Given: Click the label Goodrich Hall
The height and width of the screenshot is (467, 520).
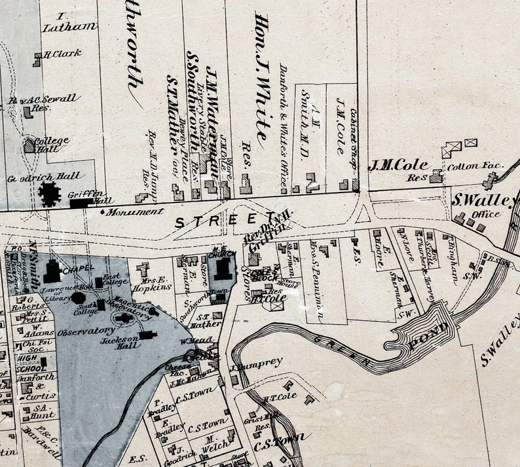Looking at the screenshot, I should [44, 177].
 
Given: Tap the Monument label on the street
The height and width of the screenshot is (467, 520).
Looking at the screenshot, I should [136, 212].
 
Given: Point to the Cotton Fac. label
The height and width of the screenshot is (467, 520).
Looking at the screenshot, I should [475, 166].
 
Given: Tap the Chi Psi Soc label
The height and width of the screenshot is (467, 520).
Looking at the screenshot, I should [31, 345].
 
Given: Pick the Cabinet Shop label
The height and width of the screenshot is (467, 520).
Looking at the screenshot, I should [353, 140].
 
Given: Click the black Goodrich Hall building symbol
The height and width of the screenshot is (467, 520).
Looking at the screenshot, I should [48, 195].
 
